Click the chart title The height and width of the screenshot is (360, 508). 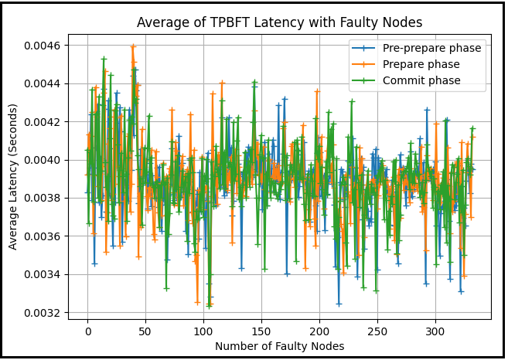coord(278,22)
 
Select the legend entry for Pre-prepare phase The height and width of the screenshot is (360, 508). coord(431,48)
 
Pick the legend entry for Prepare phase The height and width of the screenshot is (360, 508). coord(421,64)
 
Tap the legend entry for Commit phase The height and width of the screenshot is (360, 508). coord(421,80)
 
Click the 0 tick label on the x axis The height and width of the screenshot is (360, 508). coord(87,331)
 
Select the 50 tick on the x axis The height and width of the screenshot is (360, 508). coord(145,331)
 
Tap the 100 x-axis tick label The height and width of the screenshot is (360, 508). coord(203,331)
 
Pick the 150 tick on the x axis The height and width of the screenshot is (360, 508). coord(261,331)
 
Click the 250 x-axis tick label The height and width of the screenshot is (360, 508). coord(377,331)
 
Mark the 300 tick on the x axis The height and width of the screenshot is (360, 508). coord(435,331)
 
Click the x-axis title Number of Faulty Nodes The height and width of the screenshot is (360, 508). coord(279,346)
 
